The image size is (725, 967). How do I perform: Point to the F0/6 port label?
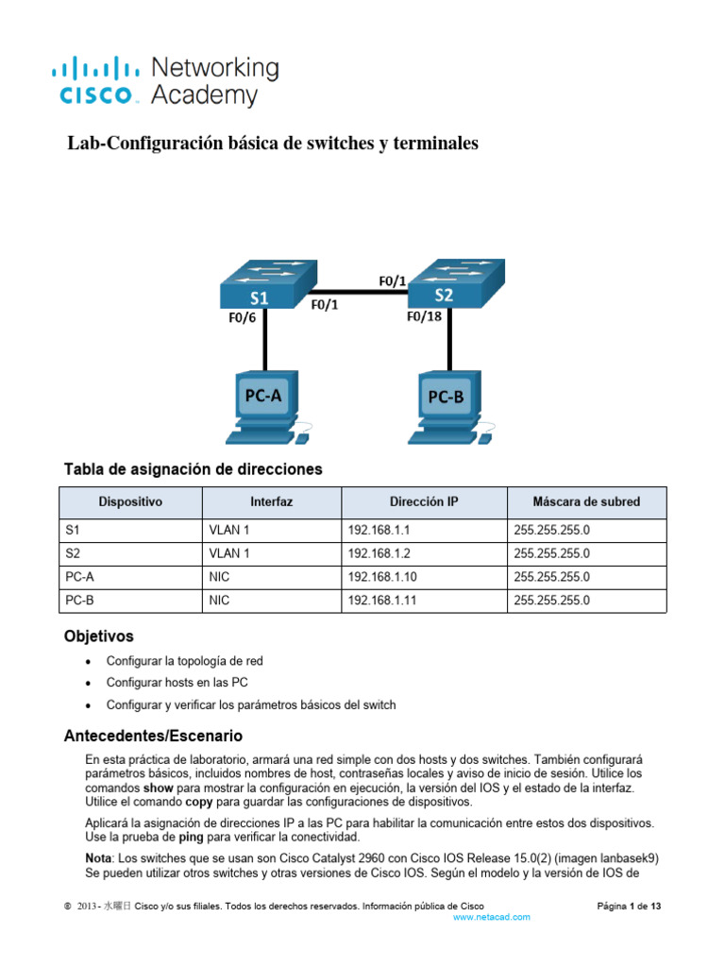tap(242, 318)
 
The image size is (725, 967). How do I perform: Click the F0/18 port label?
tap(424, 317)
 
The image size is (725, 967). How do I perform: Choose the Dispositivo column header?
tap(130, 502)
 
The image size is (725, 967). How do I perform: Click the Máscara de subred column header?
tap(586, 502)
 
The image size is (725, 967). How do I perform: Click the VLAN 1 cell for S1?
tap(229, 530)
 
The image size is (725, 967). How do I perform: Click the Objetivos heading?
tap(98, 636)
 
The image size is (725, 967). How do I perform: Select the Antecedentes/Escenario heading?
tap(153, 735)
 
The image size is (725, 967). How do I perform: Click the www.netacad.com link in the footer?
tap(492, 917)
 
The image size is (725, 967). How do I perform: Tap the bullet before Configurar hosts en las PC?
tap(89, 682)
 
